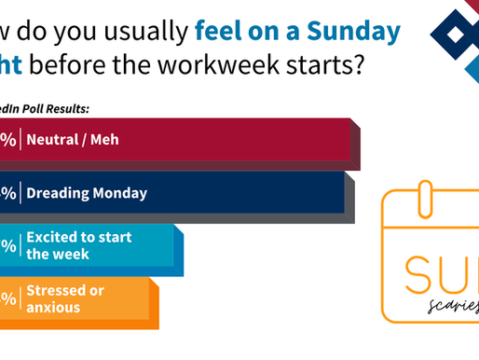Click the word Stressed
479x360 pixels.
pyautogui.click(x=54, y=289)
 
